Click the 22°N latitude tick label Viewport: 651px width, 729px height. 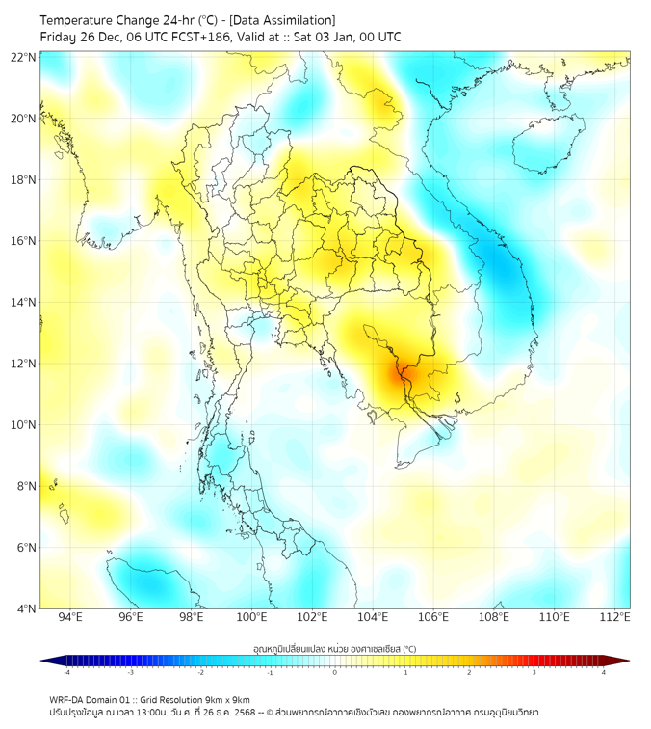24,58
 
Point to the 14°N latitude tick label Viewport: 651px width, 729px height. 24,303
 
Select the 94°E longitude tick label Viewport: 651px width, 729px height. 70,617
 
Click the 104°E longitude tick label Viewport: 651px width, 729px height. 373,617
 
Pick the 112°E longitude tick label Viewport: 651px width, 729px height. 614,617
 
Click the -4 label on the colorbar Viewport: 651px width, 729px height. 66,672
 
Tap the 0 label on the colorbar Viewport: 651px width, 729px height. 335,672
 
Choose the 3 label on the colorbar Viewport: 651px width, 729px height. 535,672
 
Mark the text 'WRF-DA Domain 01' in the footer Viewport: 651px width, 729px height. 91,699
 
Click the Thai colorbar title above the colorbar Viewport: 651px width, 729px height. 334,648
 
